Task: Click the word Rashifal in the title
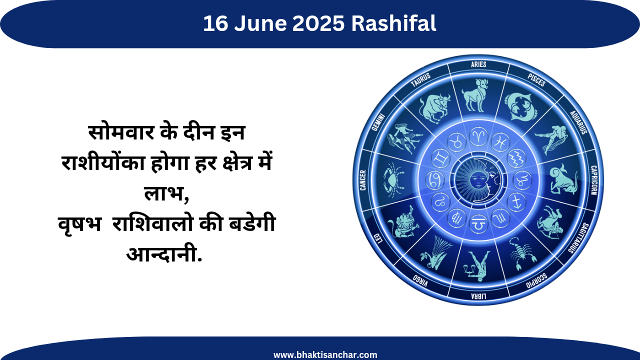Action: pyautogui.click(x=393, y=23)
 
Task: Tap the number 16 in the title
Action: pyautogui.click(x=215, y=23)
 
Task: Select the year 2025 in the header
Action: pyautogui.click(x=318, y=23)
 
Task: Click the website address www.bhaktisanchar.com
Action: pyautogui.click(x=325, y=355)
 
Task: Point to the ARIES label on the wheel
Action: pyautogui.click(x=478, y=64)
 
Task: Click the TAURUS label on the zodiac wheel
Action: pyautogui.click(x=420, y=80)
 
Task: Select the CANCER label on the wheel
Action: pyautogui.click(x=363, y=180)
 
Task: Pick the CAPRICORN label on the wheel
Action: pyautogui.click(x=594, y=180)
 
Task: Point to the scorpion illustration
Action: pyautogui.click(x=521, y=253)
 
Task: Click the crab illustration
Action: pyautogui.click(x=393, y=180)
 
